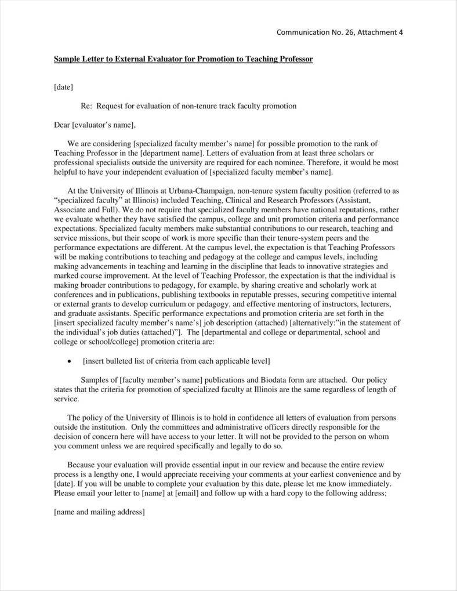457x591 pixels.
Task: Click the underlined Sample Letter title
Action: [183, 59]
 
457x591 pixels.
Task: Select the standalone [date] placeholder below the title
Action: [63, 87]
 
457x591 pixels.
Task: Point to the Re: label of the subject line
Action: [86, 106]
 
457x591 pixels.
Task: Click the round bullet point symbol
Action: [70, 361]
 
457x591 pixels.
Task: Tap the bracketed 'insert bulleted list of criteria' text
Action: [176, 361]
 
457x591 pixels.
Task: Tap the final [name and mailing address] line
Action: [99, 512]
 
